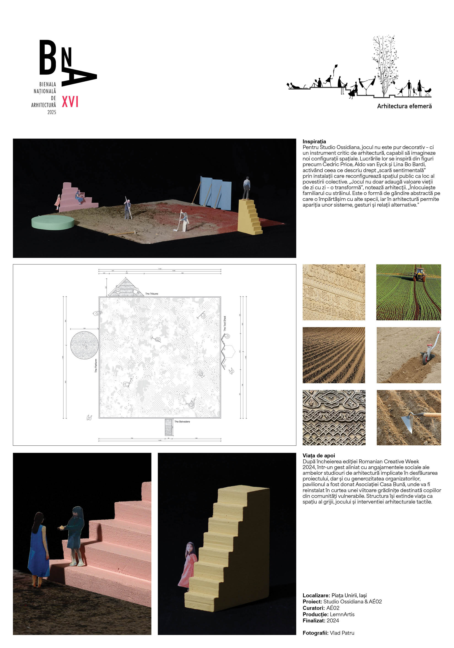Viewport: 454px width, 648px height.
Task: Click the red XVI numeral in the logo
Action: pos(70,102)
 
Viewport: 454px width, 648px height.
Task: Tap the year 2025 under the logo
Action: pos(52,112)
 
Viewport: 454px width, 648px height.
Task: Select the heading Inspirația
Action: pos(314,141)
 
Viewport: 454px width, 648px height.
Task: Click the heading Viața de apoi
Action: pos(319,456)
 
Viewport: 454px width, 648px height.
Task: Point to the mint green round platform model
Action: pos(53,222)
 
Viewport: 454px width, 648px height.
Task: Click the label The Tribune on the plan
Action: pos(152,294)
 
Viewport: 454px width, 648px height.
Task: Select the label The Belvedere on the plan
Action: pos(182,422)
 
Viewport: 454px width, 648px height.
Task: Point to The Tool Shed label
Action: pos(225,323)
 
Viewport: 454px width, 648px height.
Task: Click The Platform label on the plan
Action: pos(96,365)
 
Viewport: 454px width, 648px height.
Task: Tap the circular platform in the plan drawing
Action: pos(84,345)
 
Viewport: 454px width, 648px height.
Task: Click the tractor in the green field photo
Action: pos(419,274)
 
